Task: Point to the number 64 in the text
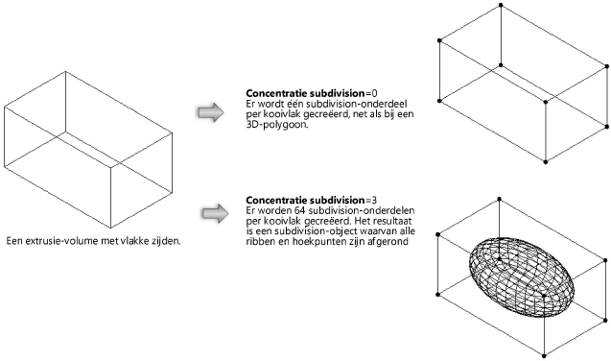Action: click(294, 210)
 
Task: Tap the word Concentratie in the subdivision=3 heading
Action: click(279, 200)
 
